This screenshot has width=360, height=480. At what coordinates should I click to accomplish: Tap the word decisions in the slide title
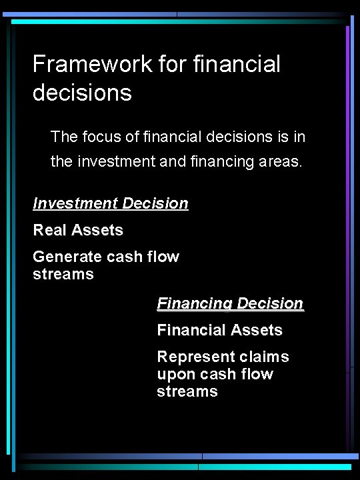[82, 93]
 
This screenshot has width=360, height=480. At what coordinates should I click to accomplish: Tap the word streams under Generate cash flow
[63, 274]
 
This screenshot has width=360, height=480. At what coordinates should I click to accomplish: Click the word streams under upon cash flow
[187, 391]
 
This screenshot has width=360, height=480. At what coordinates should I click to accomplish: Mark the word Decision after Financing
[270, 303]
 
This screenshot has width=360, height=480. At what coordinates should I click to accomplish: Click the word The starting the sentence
[64, 137]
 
